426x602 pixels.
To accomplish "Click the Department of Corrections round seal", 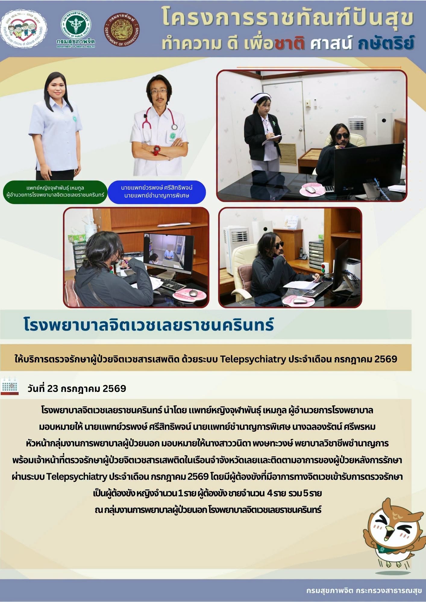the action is tap(122, 31).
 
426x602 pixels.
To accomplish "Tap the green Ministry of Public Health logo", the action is tap(76, 29).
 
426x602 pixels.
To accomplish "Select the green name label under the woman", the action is tap(55, 192).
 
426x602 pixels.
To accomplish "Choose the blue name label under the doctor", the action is tap(157, 192).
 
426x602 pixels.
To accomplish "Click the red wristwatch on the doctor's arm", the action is tap(157, 150).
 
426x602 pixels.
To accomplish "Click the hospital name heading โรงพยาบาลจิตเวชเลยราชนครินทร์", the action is tap(149, 324).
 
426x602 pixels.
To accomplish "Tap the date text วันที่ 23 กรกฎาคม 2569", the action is tap(77, 389).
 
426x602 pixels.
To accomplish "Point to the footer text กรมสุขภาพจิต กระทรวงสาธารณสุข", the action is tap(364, 591).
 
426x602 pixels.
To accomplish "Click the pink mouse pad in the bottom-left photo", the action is tap(190, 295).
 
